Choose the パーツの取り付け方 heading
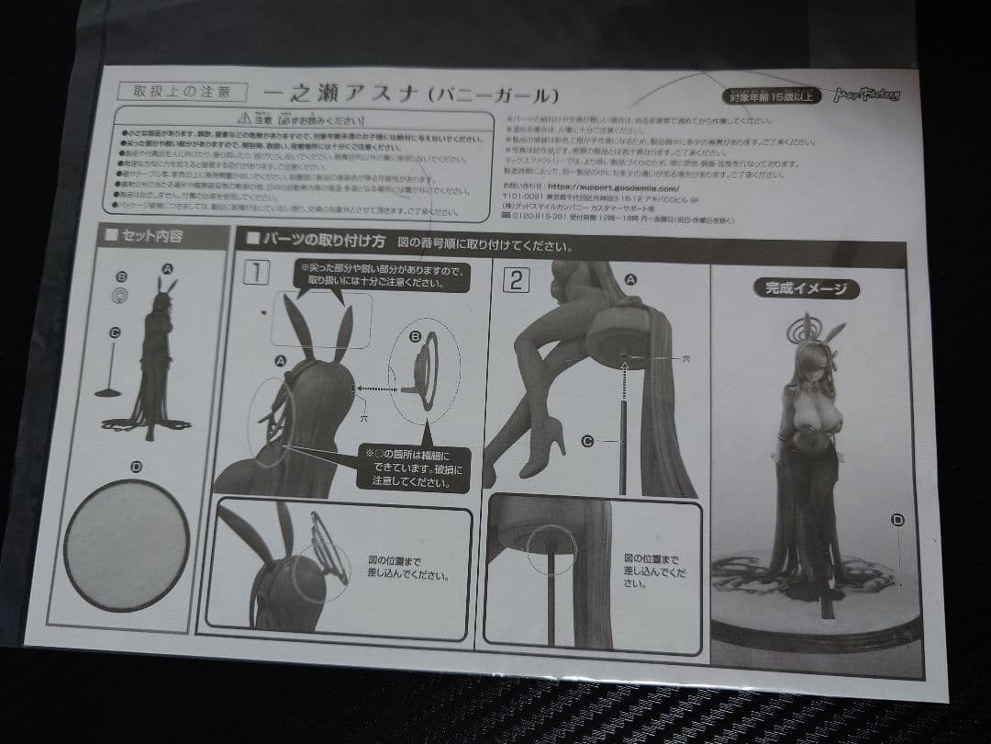point(308,243)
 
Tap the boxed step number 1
point(258,273)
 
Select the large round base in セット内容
point(128,545)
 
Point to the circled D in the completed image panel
point(897,520)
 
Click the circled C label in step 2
point(588,441)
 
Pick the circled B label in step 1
point(415,337)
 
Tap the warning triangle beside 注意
point(241,118)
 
